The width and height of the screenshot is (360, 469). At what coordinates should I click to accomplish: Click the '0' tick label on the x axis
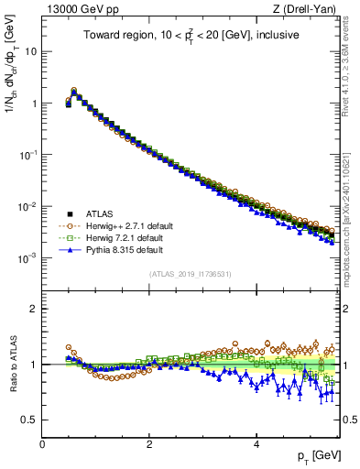pos(42,446)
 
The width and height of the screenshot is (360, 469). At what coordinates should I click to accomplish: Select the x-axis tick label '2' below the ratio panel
pos(149,446)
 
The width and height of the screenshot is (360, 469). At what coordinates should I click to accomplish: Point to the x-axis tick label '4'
pos(256,446)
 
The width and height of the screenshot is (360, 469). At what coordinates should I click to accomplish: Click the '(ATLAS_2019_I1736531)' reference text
pos(191,274)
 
